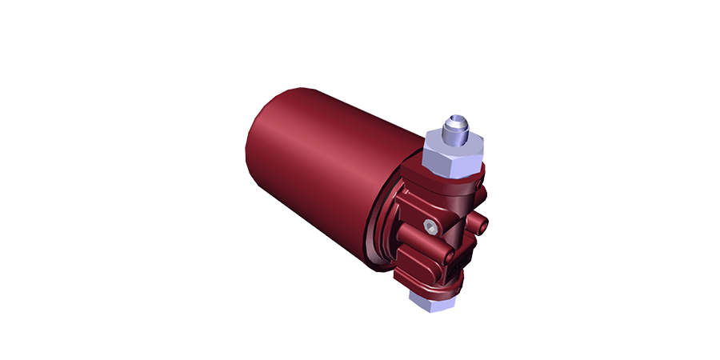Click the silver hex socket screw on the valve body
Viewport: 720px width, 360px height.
tap(431, 226)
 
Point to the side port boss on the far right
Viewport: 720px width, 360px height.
tap(480, 220)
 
